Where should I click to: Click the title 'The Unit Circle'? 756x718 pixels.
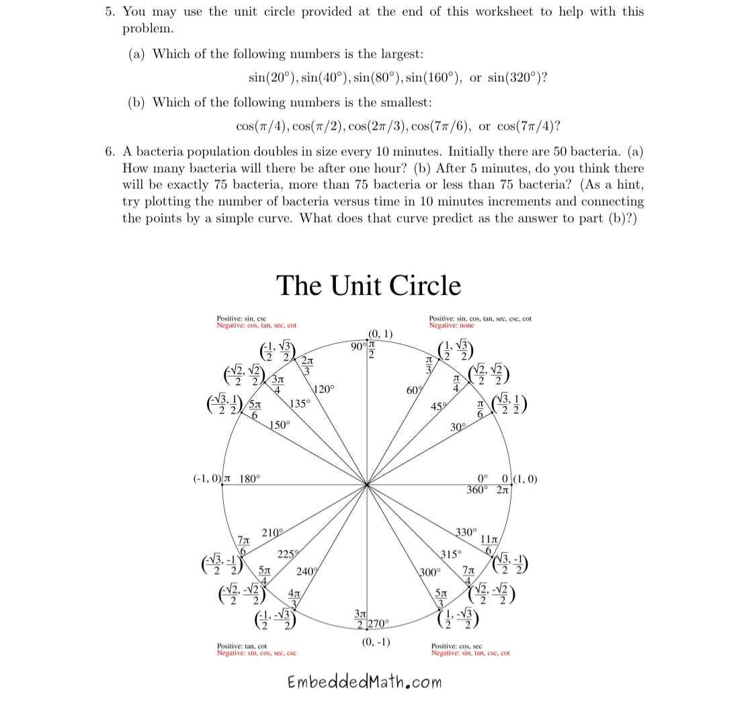[368, 286]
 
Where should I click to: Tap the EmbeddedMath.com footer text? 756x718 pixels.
[365, 682]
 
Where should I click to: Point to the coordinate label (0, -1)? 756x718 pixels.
[376, 641]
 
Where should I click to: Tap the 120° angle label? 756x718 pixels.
[323, 389]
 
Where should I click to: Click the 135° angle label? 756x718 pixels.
[300, 404]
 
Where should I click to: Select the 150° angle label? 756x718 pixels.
[280, 425]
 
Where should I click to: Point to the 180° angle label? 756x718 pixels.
[249, 479]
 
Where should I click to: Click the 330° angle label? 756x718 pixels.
[466, 532]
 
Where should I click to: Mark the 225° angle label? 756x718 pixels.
[288, 554]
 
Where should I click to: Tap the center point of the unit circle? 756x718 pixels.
[367, 484]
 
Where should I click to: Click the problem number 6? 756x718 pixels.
[110, 152]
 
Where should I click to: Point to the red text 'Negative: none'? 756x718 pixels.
[451, 325]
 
